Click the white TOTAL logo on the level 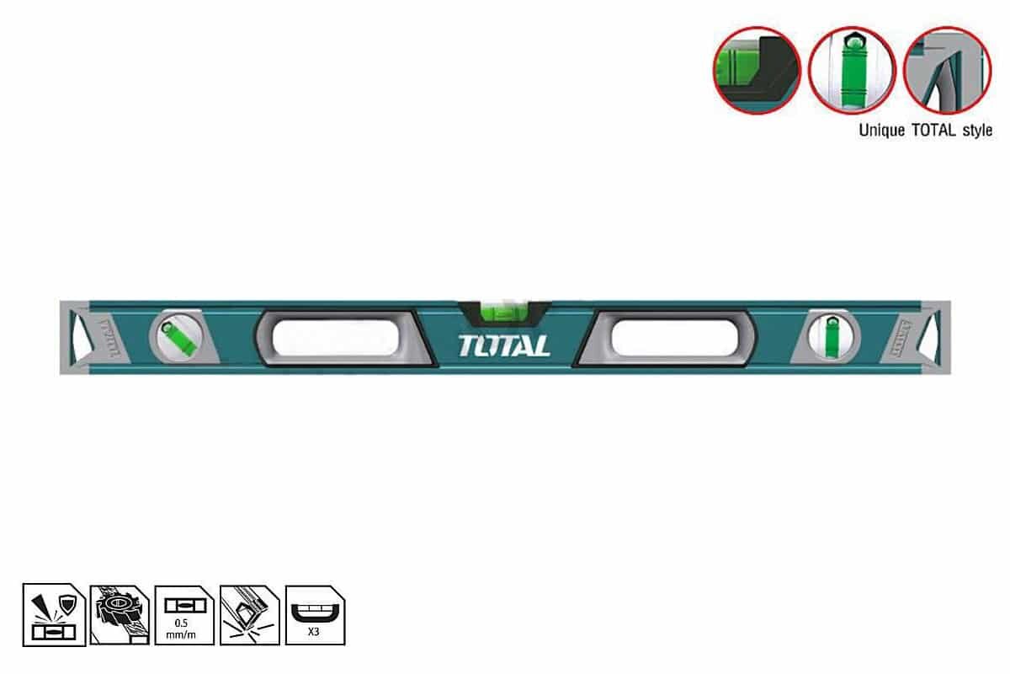click(505, 345)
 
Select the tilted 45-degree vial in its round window click(177, 336)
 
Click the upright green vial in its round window click(834, 336)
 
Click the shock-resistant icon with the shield click(53, 614)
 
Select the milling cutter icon click(119, 614)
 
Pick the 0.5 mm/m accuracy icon click(184, 614)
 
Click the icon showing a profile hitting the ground click(249, 614)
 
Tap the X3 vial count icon click(315, 614)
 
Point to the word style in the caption click(975, 131)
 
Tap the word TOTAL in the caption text click(929, 131)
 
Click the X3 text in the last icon click(315, 631)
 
